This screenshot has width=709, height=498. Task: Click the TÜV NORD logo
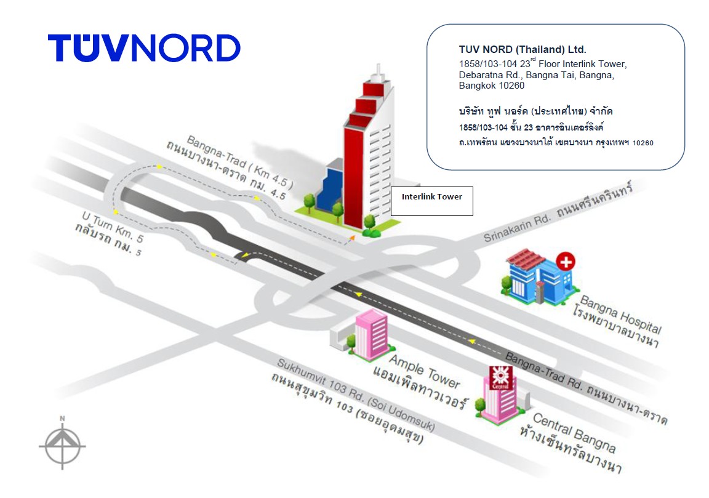click(144, 48)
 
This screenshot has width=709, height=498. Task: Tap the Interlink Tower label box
click(431, 201)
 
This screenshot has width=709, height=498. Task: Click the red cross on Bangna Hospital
click(564, 262)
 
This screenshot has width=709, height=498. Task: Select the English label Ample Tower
click(425, 367)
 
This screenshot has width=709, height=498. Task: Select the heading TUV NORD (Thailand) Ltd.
click(523, 49)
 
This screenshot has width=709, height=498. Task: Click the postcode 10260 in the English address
click(512, 86)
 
